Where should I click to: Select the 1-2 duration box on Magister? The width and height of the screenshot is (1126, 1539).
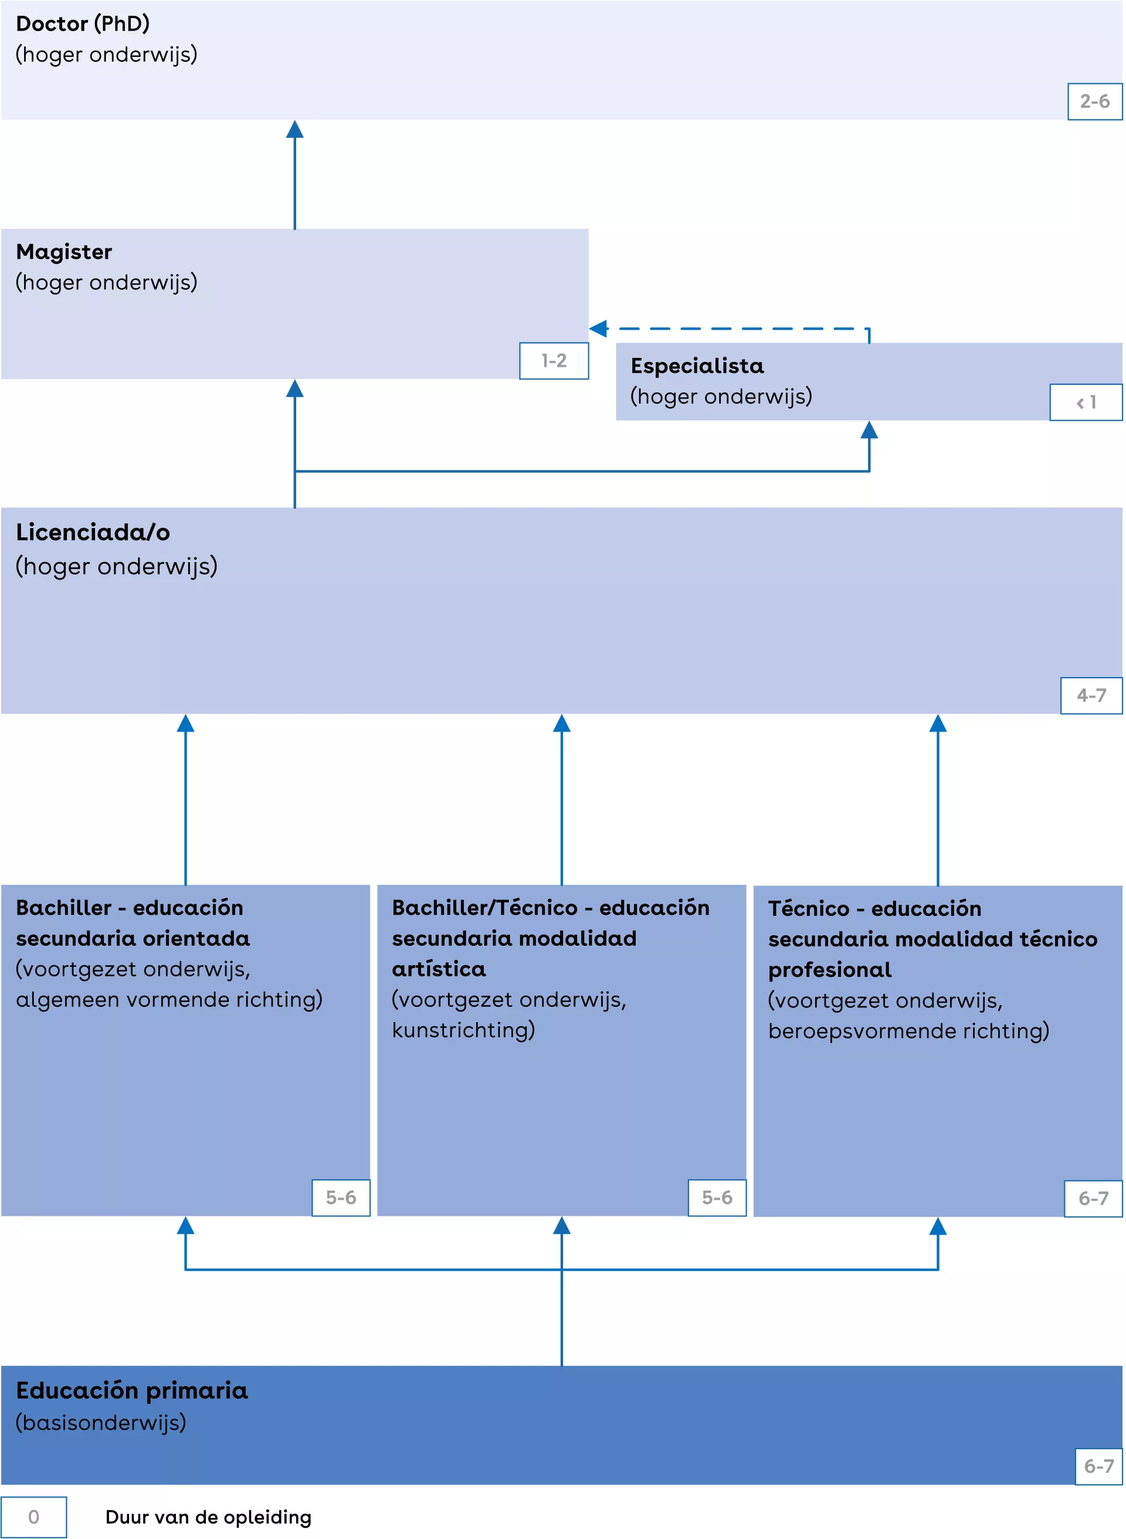[554, 361]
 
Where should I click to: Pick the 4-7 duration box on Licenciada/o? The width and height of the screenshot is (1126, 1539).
[1091, 695]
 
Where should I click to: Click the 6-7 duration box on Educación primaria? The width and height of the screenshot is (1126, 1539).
[1098, 1466]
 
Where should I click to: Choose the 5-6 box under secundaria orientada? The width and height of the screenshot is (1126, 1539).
[341, 1198]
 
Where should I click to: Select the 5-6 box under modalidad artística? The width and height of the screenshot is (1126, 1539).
[717, 1198]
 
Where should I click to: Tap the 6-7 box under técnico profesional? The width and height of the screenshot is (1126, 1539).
[1093, 1198]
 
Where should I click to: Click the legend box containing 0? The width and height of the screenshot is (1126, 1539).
[33, 1517]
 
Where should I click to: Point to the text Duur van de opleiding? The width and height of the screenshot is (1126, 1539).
[208, 1517]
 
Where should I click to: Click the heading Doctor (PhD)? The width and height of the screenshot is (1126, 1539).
[83, 24]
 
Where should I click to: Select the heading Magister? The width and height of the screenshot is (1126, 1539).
[64, 252]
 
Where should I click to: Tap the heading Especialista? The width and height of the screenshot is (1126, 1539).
[697, 366]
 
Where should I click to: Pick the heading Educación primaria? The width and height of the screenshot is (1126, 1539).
[131, 1391]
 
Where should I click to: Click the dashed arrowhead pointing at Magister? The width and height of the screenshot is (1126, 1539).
[598, 329]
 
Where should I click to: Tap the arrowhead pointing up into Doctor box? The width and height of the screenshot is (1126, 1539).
[294, 130]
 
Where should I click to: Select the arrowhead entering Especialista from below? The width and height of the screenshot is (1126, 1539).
[869, 429]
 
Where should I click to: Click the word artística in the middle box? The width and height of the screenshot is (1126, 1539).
[438, 969]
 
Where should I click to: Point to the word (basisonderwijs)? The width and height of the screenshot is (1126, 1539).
[101, 1422]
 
